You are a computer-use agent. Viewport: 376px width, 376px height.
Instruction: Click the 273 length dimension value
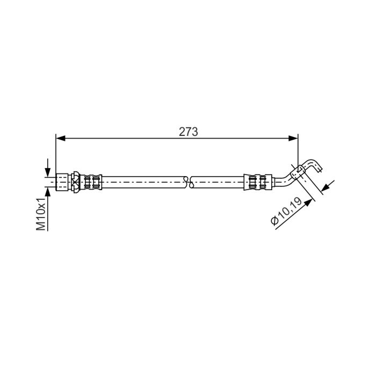click(188, 132)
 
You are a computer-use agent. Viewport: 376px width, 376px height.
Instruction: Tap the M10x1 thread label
click(41, 214)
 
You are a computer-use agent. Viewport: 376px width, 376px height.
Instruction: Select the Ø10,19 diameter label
click(286, 211)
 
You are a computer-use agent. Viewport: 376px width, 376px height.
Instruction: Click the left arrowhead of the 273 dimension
click(60, 139)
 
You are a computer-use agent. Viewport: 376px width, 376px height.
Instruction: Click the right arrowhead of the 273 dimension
click(293, 139)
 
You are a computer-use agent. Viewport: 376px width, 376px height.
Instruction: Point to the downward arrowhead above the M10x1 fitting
click(48, 172)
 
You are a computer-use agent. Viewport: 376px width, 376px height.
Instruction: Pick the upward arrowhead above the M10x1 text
click(48, 192)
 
